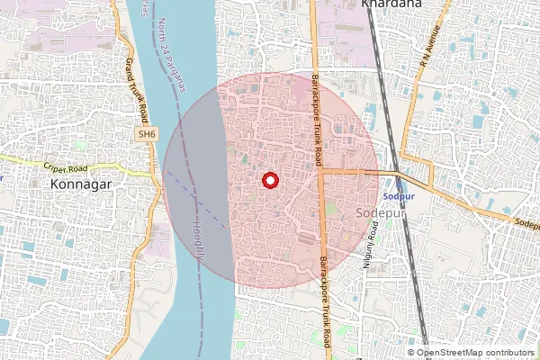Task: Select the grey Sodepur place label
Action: (376, 211)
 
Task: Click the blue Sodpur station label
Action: (398, 195)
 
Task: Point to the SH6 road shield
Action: (146, 133)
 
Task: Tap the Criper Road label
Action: (67, 166)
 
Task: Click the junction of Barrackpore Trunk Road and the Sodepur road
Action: (320, 170)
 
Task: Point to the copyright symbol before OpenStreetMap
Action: (411, 353)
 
